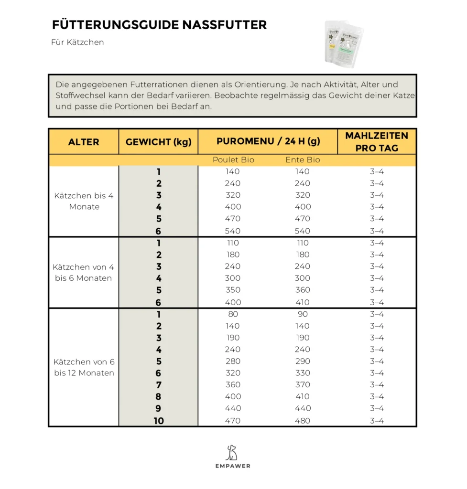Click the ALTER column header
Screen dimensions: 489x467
(84, 142)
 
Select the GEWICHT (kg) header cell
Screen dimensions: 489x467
(158, 142)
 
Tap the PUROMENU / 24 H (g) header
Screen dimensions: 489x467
(268, 141)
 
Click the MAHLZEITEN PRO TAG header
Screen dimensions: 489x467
(377, 142)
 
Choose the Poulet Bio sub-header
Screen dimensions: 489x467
(233, 160)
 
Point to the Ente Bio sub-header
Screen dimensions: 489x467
(303, 160)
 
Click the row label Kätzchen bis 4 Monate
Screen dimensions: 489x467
(84, 201)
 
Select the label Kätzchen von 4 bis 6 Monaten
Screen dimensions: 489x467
(84, 273)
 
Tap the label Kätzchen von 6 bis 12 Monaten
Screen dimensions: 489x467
(84, 367)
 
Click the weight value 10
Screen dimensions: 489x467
(159, 421)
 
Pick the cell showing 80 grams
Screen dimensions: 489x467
(233, 314)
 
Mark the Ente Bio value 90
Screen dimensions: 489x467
(303, 314)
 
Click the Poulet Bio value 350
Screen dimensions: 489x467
(233, 290)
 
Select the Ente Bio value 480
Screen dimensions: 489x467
(303, 421)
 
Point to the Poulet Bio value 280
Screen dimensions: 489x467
(233, 361)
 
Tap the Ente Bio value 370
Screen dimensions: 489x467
(303, 385)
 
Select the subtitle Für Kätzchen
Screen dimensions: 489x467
(77, 43)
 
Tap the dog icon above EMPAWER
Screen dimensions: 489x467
(232, 452)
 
